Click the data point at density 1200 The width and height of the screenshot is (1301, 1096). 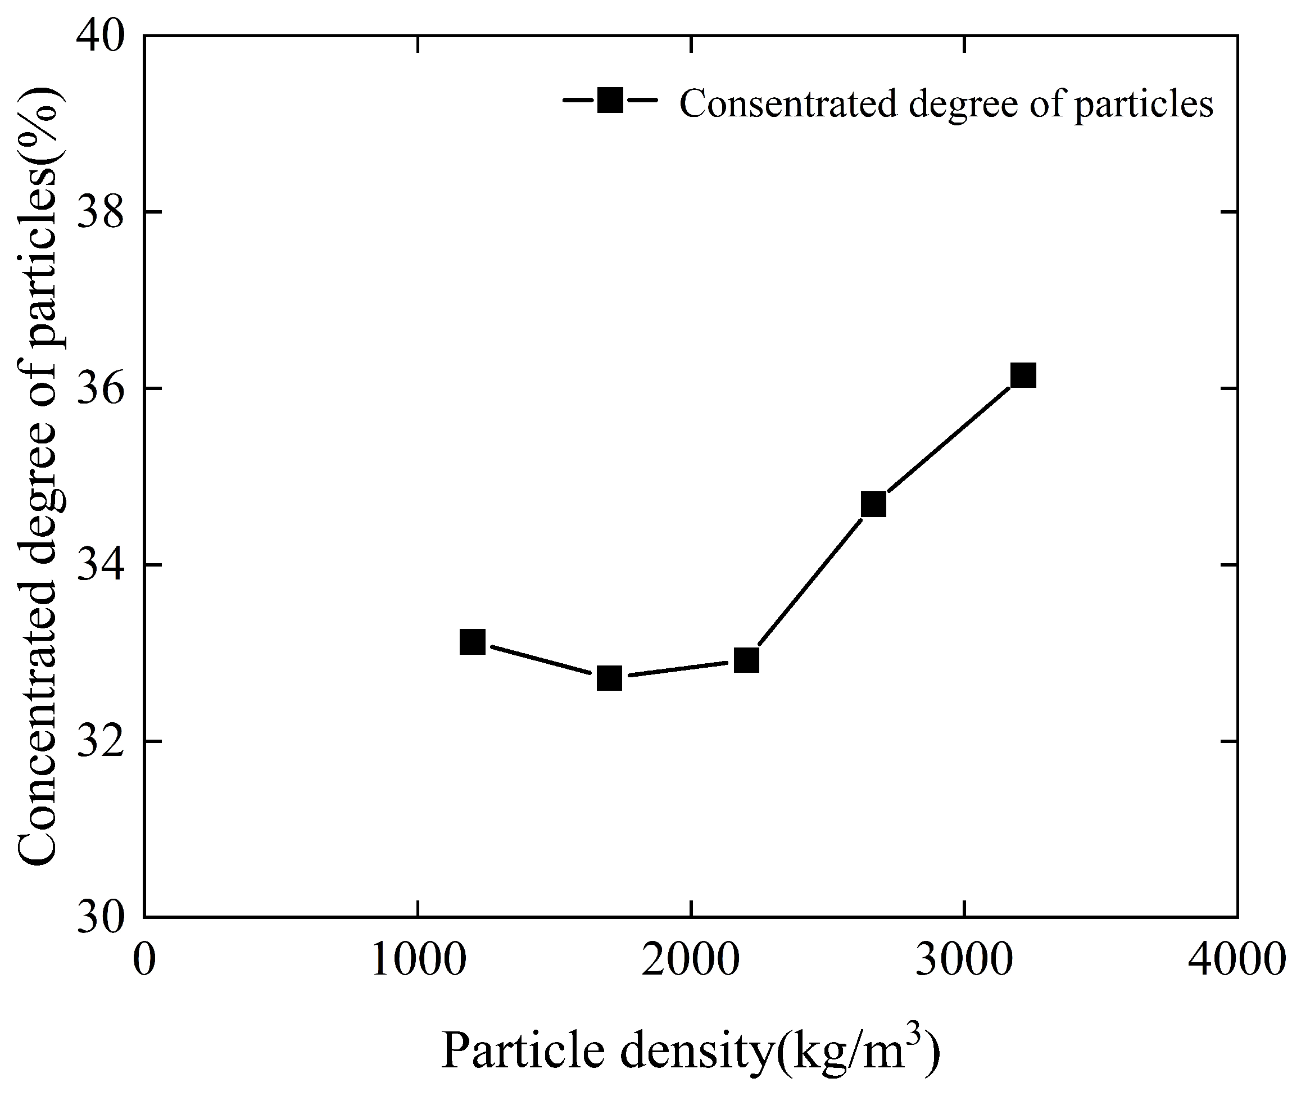[472, 641]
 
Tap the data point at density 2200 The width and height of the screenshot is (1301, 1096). [746, 660]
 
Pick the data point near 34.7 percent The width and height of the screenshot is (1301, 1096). [873, 505]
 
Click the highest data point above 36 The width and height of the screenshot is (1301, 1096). [1023, 375]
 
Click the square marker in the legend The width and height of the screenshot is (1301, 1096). [610, 99]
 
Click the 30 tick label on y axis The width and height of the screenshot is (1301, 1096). [99, 917]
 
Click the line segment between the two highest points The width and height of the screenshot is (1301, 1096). [948, 440]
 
